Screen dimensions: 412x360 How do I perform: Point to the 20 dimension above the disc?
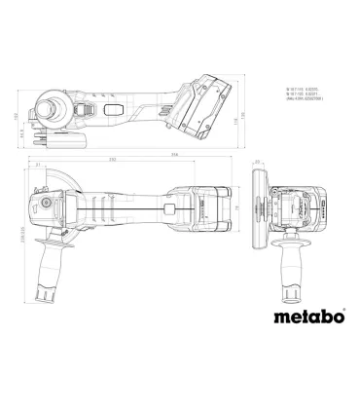[x=266, y=162]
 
